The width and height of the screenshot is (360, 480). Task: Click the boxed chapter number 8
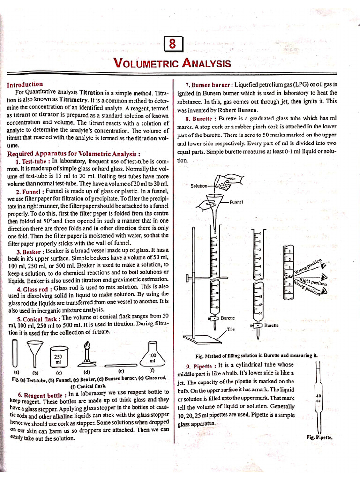pos(172,45)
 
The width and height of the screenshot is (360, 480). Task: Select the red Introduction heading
pos(25,85)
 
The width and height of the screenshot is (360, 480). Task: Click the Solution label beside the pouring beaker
pos(199,186)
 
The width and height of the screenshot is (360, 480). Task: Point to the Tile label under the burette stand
pos(231,329)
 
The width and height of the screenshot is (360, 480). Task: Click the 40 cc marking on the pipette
pos(318,397)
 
